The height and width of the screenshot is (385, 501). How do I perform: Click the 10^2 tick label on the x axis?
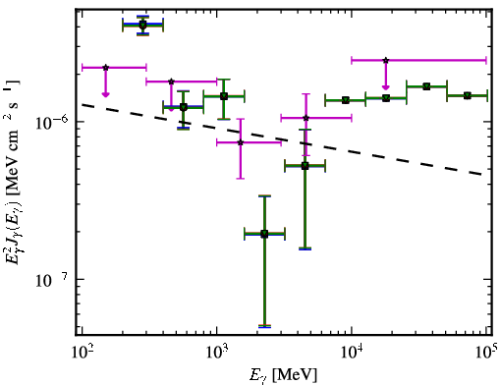click(x=83, y=353)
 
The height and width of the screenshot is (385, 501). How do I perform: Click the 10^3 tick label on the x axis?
click(x=217, y=353)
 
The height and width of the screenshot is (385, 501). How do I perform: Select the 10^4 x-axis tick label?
click(x=352, y=353)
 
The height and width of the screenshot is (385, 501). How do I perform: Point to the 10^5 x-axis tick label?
click(x=487, y=353)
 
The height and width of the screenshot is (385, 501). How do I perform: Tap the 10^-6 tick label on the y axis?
click(x=52, y=123)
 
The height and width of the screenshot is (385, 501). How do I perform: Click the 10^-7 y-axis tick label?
click(x=52, y=280)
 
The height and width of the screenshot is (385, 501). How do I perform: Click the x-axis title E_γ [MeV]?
click(x=284, y=375)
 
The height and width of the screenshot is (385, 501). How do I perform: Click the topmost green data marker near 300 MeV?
click(x=142, y=26)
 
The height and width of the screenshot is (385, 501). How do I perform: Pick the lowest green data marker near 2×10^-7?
click(x=264, y=234)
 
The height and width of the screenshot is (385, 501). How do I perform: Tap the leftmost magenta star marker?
click(x=105, y=68)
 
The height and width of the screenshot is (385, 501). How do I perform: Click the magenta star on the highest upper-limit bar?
click(x=386, y=60)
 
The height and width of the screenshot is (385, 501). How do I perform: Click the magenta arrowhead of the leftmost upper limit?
click(x=105, y=94)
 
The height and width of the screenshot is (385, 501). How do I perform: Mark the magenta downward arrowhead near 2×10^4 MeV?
click(x=386, y=86)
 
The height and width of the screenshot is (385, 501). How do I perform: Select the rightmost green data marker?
click(x=468, y=95)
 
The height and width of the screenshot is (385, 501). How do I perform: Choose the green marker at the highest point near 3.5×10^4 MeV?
click(x=426, y=86)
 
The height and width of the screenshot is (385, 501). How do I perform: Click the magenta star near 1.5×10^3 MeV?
click(x=241, y=142)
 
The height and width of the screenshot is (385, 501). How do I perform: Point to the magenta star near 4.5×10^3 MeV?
click(x=306, y=118)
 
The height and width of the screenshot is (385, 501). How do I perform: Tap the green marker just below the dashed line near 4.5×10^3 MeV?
click(x=305, y=166)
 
